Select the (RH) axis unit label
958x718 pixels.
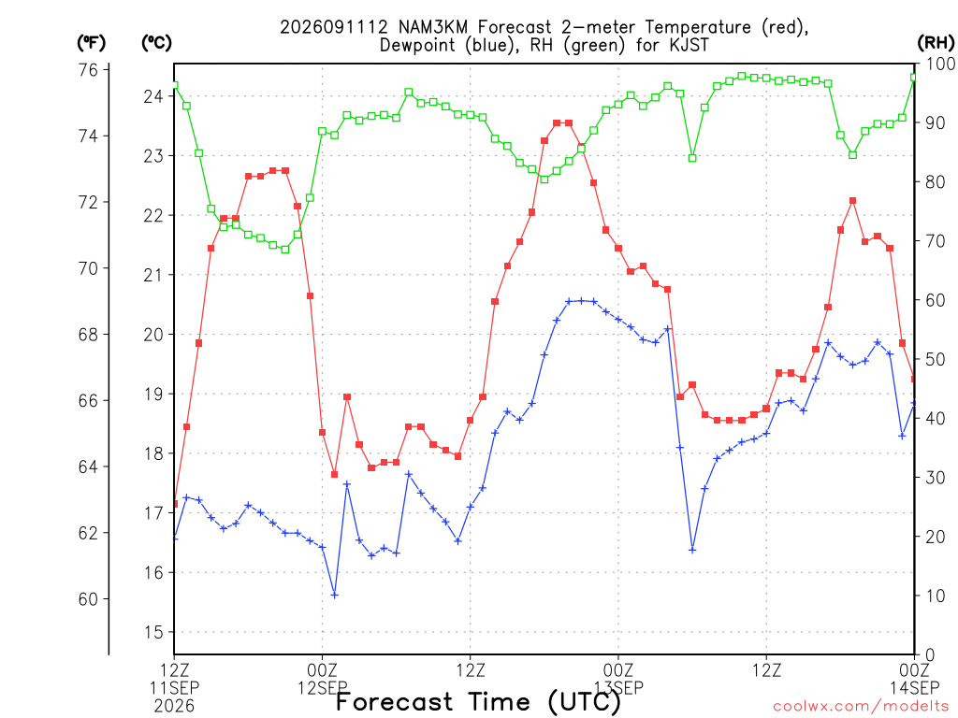click(x=936, y=43)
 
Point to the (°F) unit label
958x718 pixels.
click(x=92, y=43)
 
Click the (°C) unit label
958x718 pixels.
click(x=156, y=43)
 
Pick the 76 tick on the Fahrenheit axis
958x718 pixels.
click(x=88, y=70)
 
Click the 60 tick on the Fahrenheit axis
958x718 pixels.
click(x=88, y=599)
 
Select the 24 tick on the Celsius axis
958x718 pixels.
click(x=154, y=96)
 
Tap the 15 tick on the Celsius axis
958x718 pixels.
click(x=154, y=633)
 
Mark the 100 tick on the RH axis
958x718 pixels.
click(x=941, y=64)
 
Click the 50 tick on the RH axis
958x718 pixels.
click(x=936, y=359)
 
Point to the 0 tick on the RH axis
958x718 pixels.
click(x=930, y=655)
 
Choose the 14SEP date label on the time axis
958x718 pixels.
click(x=915, y=688)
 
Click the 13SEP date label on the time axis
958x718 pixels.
click(x=619, y=688)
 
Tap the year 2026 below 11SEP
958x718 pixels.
click(x=174, y=707)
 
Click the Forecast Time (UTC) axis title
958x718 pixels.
click(x=478, y=702)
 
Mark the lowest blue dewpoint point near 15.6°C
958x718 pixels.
click(x=334, y=595)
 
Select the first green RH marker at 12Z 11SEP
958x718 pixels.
click(x=174, y=85)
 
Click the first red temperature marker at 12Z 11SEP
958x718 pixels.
click(x=175, y=504)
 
